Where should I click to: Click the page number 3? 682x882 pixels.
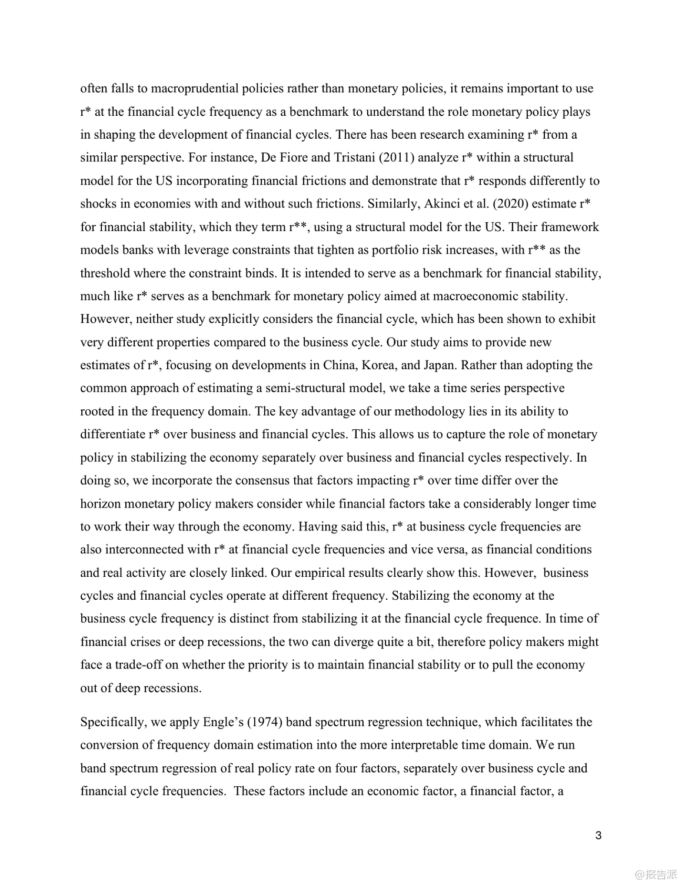598,836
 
